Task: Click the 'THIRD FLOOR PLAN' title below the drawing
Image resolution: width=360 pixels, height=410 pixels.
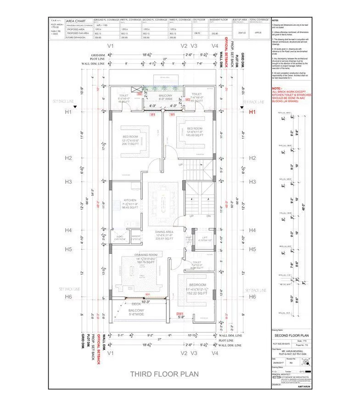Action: pos(164,374)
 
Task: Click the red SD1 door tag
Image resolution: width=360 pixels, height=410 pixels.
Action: pos(148,294)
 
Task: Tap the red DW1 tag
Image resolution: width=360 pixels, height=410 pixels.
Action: pos(180,313)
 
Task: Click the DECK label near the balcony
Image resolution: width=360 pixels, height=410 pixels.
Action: pos(136,304)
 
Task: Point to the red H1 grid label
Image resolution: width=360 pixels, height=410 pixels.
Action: pos(252,112)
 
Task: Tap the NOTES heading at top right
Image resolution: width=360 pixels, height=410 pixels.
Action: pos(275,21)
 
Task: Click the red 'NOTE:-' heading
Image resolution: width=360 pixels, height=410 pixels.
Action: pos(277,88)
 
